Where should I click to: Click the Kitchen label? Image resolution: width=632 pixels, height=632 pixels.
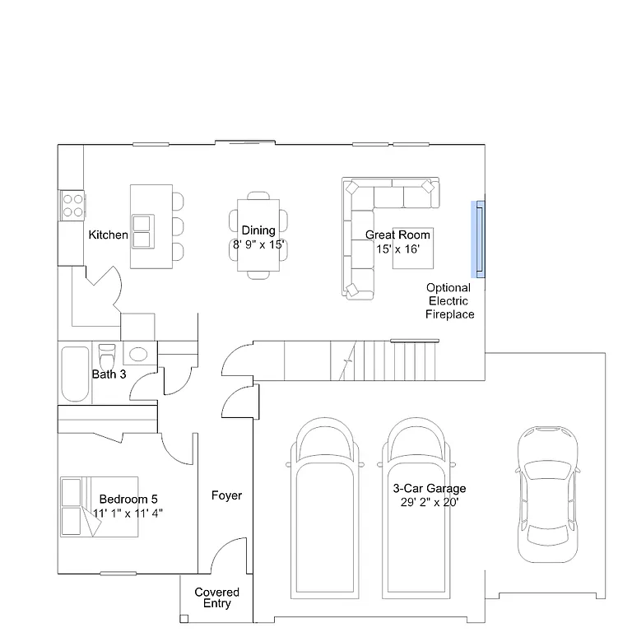(x=108, y=235)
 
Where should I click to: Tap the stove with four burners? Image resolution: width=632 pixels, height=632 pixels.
(x=72, y=205)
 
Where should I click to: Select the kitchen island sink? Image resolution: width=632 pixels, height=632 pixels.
(x=142, y=230)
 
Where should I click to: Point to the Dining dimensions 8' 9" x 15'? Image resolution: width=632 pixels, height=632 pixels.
(x=258, y=245)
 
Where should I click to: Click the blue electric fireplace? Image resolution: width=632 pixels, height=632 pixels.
(x=477, y=239)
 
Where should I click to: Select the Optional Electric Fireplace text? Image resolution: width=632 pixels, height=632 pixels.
(x=449, y=301)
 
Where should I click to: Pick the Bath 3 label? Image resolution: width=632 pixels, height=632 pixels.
(x=108, y=374)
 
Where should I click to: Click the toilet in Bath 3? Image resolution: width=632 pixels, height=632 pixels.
(x=107, y=357)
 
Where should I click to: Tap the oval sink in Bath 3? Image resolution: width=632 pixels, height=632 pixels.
(x=138, y=355)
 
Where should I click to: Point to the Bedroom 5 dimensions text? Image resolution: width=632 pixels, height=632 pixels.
(x=128, y=513)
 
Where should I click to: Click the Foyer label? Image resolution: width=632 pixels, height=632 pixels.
(x=226, y=495)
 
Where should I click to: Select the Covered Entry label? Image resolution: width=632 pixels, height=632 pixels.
(x=217, y=598)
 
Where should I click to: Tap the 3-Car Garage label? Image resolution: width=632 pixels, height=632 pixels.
(x=430, y=488)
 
